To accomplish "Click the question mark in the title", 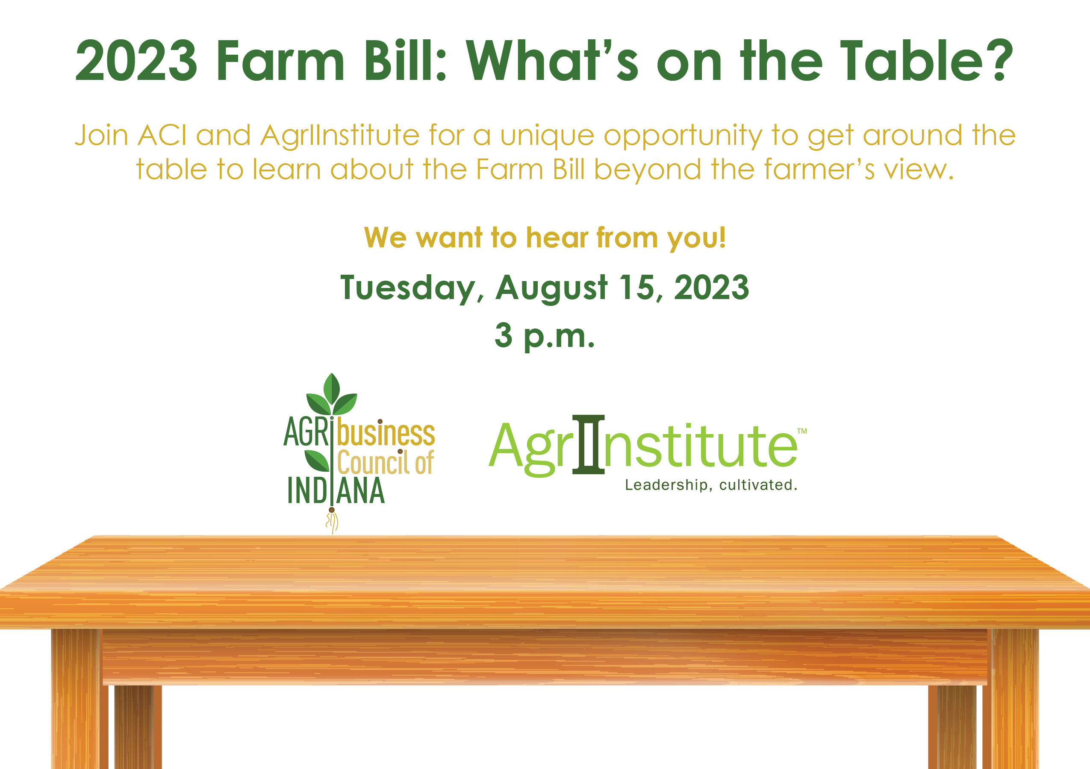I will (x=999, y=60).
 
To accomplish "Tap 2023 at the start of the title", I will (x=136, y=61).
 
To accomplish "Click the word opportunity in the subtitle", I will (x=682, y=136).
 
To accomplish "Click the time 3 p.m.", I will (x=545, y=335).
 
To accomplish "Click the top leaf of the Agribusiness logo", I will (x=332, y=387).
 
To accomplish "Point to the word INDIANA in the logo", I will (x=336, y=490).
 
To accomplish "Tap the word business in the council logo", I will (x=386, y=433).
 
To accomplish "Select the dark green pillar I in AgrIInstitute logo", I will (x=589, y=444).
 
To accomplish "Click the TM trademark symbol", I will (x=802, y=431).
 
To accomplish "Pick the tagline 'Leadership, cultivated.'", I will (x=711, y=485).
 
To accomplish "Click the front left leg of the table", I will (x=76, y=697).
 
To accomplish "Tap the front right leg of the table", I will (x=1014, y=697).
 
